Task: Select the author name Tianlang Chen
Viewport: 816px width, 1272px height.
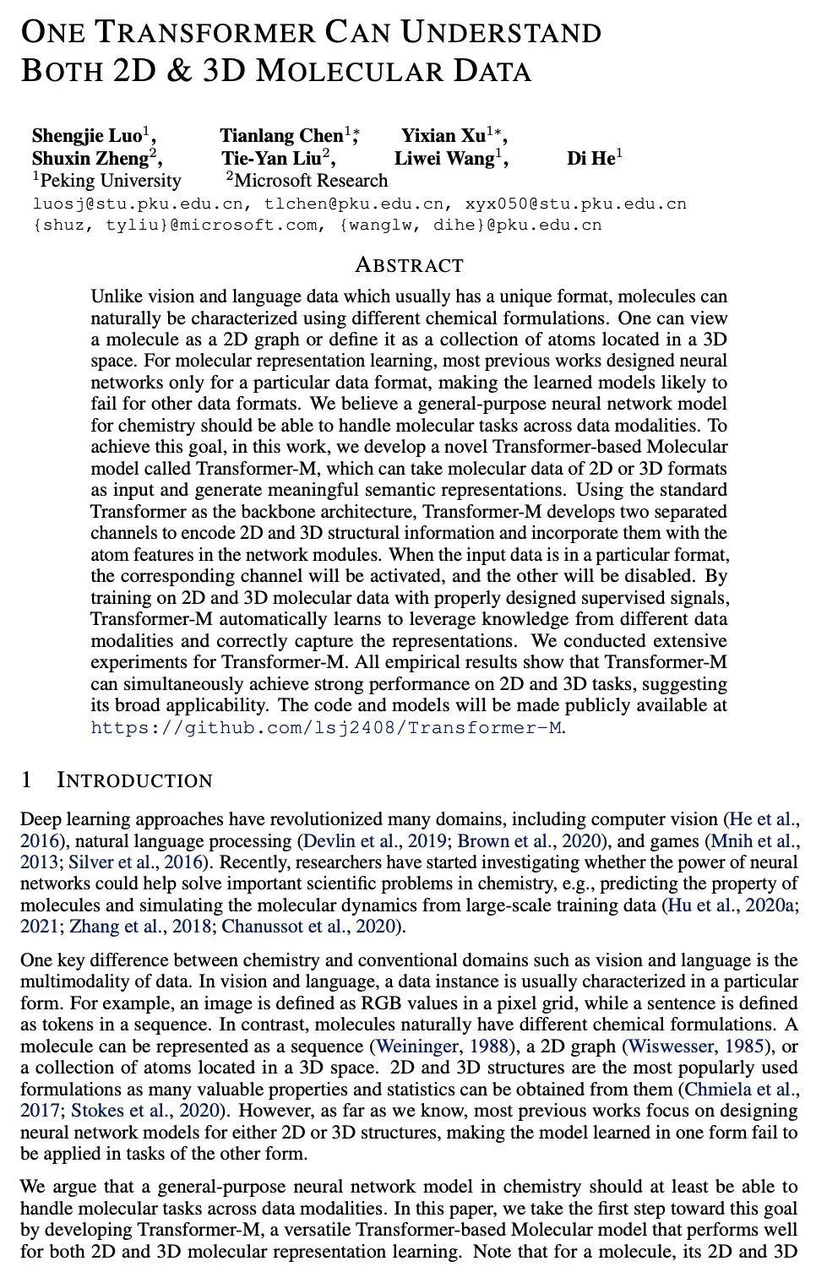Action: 281,136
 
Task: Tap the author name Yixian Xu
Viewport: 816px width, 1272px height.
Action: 443,136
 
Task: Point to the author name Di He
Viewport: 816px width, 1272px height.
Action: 590,158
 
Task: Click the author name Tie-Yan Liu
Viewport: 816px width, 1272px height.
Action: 271,158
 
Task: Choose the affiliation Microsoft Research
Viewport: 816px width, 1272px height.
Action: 311,180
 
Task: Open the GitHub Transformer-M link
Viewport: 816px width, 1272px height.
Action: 326,727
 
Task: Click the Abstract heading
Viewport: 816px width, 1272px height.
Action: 409,265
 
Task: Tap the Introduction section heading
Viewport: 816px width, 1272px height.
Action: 134,780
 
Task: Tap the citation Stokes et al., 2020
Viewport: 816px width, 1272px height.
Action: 146,1111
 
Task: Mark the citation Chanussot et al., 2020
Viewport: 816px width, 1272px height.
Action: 309,927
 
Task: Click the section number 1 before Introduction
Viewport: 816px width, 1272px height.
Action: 26,780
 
